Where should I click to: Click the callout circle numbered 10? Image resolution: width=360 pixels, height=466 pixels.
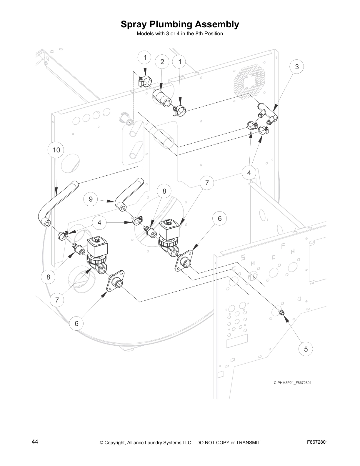tap(56, 150)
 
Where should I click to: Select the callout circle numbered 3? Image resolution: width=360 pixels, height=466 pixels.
tap(297, 67)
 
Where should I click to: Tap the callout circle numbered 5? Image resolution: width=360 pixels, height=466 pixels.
tap(306, 349)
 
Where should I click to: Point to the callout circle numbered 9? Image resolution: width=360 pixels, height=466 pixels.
tap(91, 199)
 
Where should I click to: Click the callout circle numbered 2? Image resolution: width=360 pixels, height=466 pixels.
tap(162, 62)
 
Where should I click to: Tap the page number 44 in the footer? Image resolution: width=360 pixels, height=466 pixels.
tap(35, 442)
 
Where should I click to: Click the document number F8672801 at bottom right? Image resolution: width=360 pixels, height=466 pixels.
tap(317, 442)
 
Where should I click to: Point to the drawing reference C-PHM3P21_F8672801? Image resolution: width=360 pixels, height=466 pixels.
tap(292, 383)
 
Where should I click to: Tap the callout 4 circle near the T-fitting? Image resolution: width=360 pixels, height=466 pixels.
tap(249, 173)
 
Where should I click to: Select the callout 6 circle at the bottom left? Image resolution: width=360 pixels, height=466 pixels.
tap(76, 324)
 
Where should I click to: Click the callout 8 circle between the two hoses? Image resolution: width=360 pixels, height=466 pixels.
tap(164, 191)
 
